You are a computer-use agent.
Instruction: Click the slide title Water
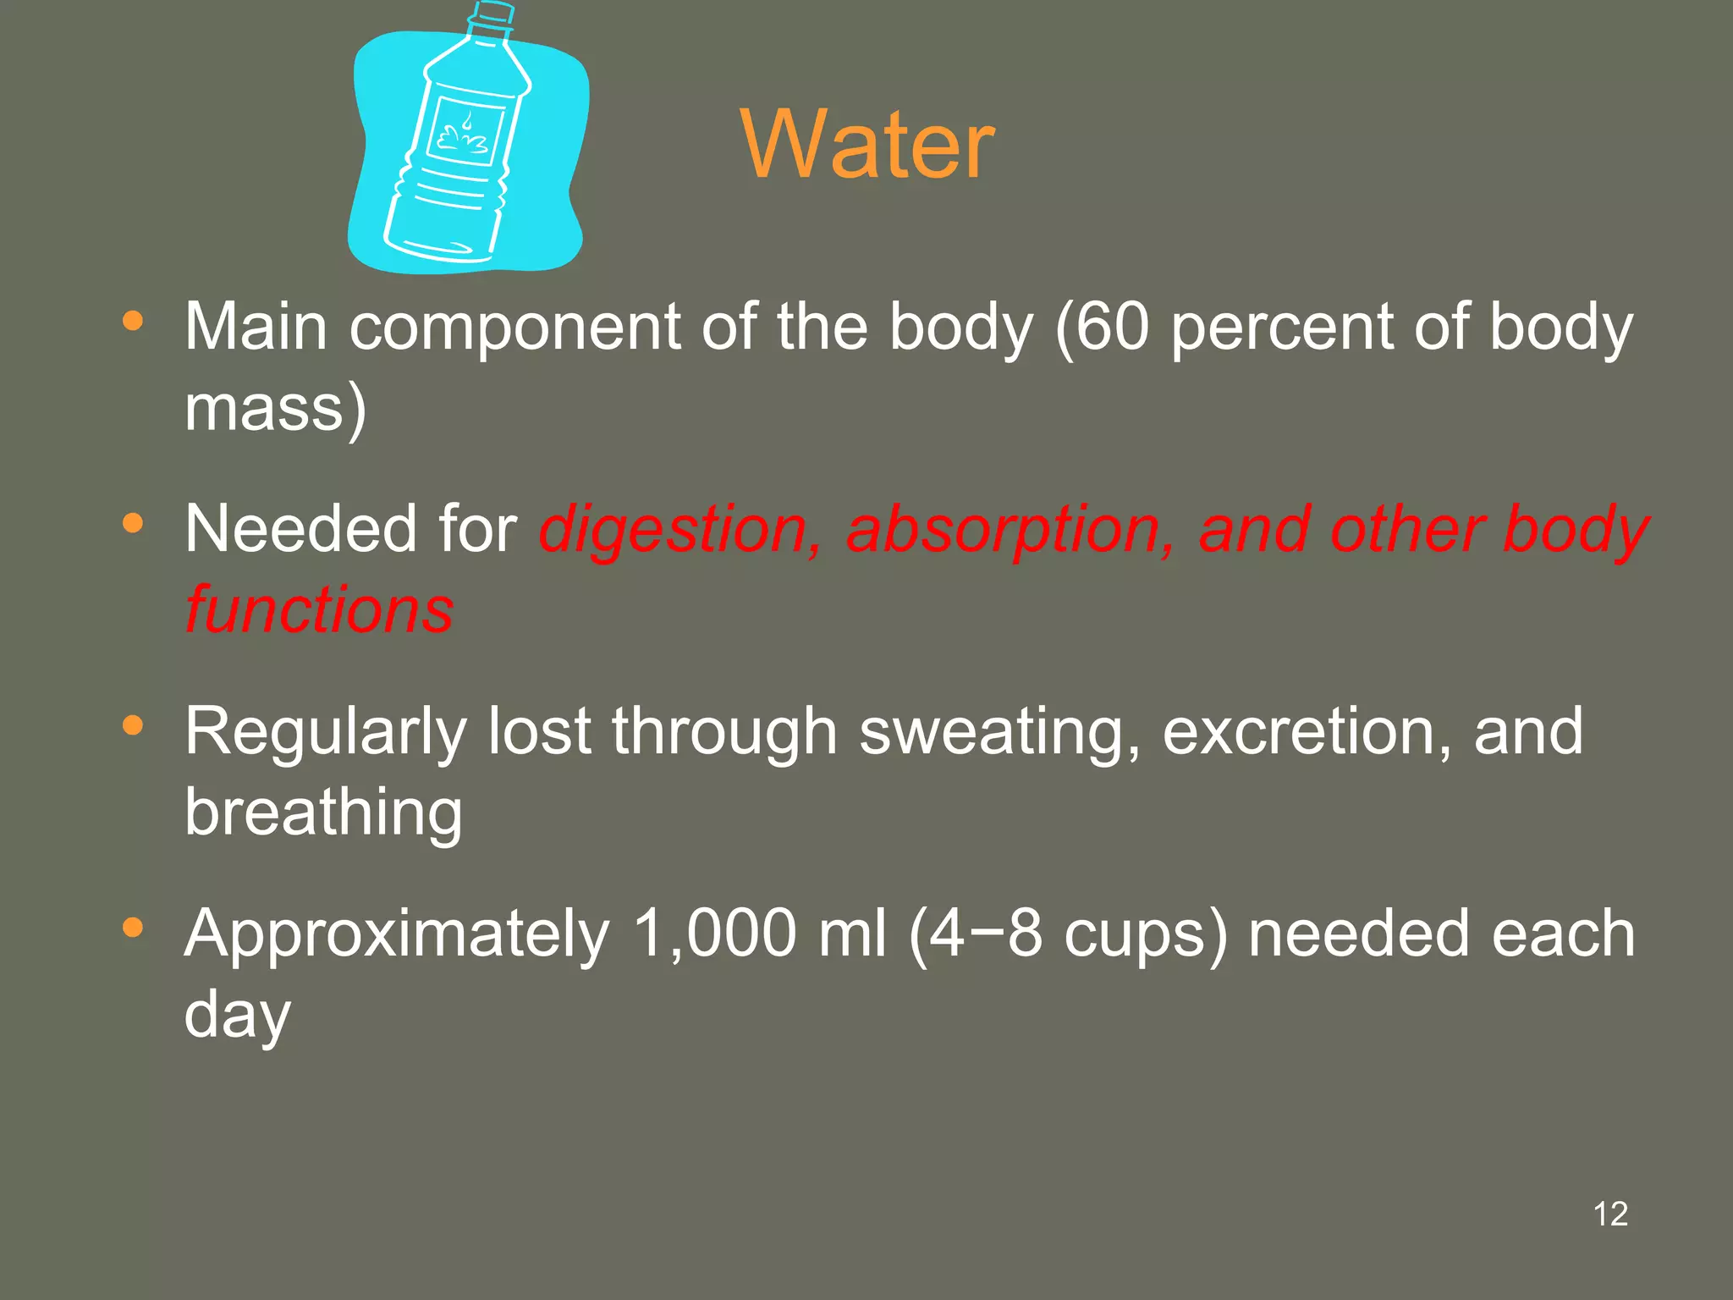(867, 145)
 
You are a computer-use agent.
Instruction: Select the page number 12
(1610, 1214)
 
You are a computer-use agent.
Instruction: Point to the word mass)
(276, 408)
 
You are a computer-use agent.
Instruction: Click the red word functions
(320, 609)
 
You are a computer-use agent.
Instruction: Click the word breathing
(323, 812)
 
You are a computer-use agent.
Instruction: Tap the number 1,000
(715, 934)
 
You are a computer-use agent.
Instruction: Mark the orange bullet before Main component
(133, 322)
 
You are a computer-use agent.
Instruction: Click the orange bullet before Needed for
(133, 524)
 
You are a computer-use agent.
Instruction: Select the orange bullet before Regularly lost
(133, 726)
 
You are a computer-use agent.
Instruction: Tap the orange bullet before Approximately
(133, 928)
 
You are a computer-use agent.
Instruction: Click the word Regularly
(326, 733)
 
